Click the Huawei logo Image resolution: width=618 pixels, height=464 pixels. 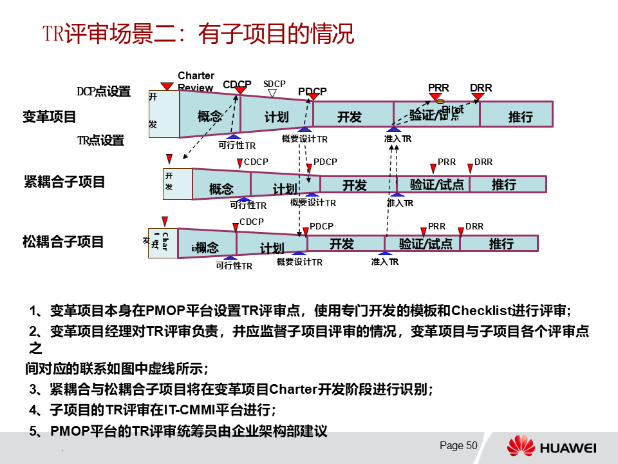552,447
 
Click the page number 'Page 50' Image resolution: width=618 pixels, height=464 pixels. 458,446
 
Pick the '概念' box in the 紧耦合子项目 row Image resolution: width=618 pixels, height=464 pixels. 221,189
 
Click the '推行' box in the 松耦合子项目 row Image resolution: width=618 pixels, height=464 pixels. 501,244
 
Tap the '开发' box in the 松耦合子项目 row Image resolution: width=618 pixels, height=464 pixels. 342,244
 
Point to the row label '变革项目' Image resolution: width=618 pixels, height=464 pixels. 50,117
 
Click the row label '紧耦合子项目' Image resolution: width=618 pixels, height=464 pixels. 64,182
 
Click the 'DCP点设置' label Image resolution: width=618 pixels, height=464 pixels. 104,92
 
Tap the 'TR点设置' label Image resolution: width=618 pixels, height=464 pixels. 100,140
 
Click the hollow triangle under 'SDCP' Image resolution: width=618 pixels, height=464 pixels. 272,93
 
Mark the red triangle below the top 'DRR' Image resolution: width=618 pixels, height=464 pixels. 478,97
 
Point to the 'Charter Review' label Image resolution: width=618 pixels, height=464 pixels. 196,82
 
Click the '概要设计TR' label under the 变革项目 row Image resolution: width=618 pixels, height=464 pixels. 304,139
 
